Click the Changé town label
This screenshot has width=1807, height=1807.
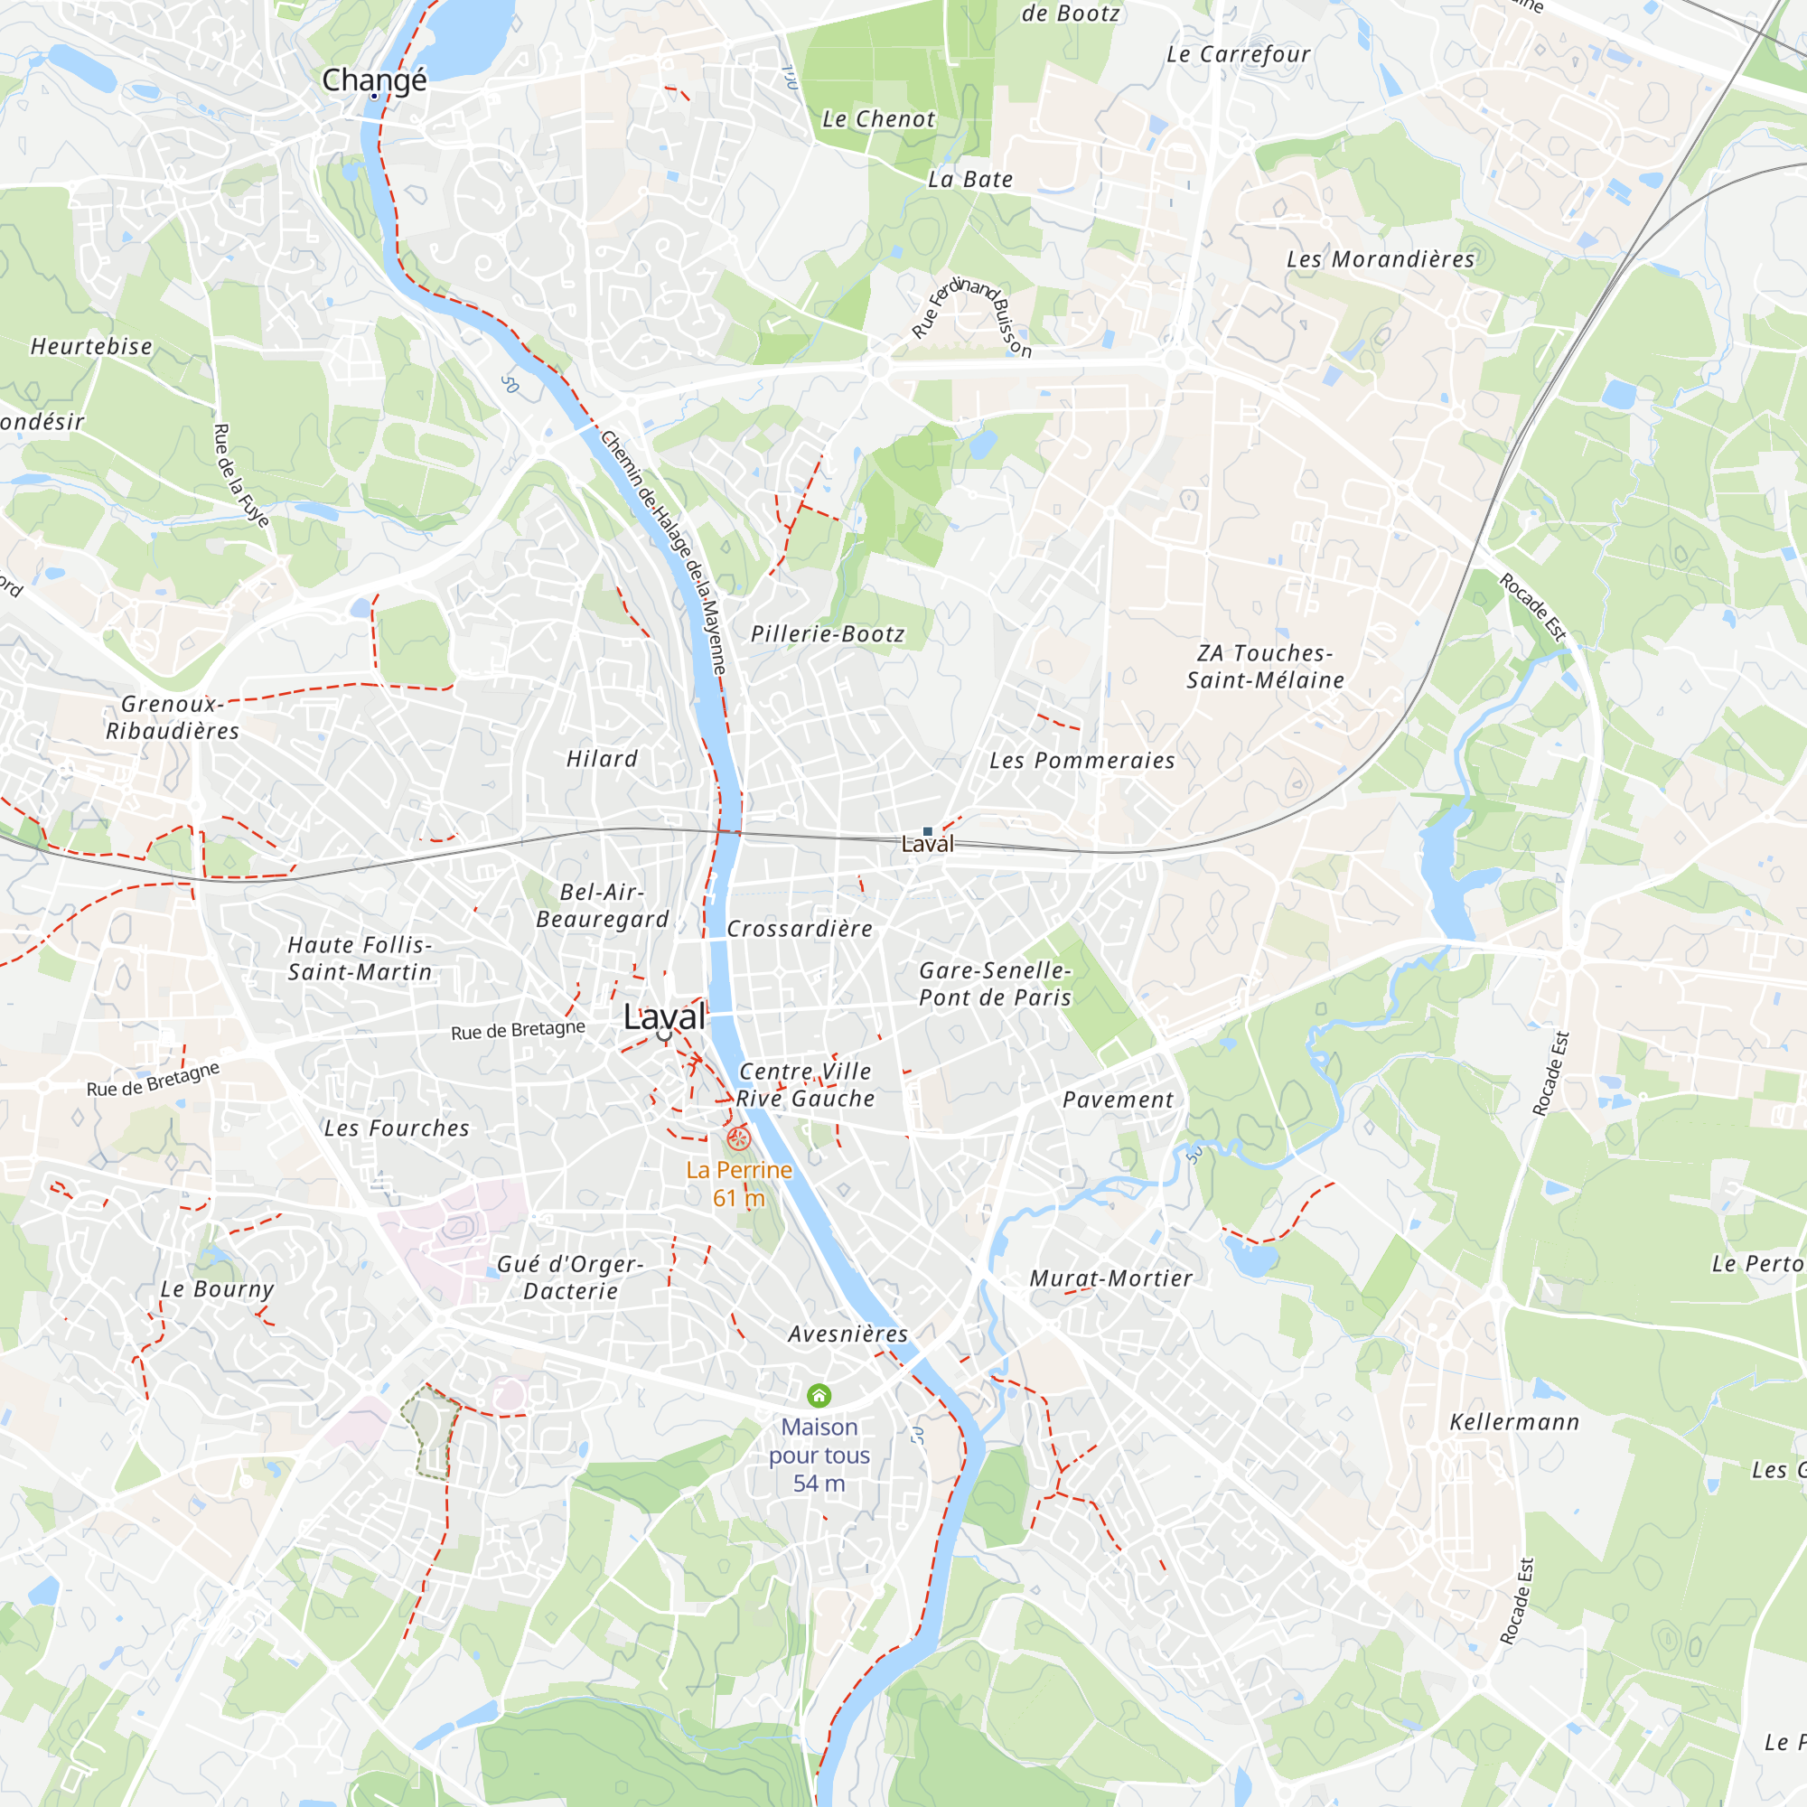(x=374, y=80)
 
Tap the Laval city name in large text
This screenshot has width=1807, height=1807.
(x=665, y=1017)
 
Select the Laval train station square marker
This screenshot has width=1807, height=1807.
(x=928, y=830)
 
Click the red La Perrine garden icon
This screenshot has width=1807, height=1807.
(x=739, y=1138)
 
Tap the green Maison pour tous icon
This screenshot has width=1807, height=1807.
(x=819, y=1397)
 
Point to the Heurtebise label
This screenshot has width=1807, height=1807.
(x=91, y=347)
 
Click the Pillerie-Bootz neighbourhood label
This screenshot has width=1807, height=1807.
(x=828, y=634)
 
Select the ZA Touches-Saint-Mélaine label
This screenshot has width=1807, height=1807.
(x=1265, y=667)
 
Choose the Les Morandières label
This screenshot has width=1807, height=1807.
(x=1381, y=260)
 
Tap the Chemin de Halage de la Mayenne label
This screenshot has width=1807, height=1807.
(x=664, y=552)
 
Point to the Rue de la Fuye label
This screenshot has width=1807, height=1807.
(x=240, y=475)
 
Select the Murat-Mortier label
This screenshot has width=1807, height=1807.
(x=1111, y=1278)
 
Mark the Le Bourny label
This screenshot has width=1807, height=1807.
(x=217, y=1289)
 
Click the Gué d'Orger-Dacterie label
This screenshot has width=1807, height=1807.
(x=570, y=1278)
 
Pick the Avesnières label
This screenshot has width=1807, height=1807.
(x=848, y=1334)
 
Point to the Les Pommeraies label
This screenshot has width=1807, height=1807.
(x=1082, y=762)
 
